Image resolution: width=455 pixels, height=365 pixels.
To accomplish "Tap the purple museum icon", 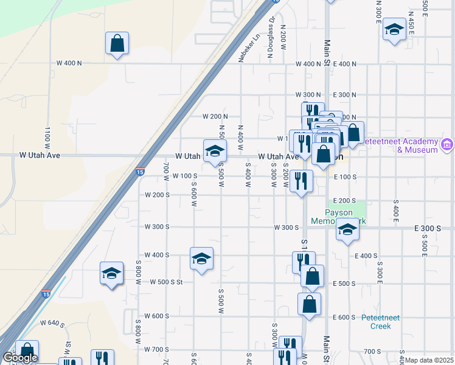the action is [x=448, y=145].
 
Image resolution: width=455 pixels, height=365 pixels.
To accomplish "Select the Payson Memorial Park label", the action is [x=347, y=217].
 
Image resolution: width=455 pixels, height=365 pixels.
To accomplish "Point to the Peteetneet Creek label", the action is [x=381, y=321].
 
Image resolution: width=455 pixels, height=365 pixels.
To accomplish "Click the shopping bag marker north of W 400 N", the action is [x=117, y=44].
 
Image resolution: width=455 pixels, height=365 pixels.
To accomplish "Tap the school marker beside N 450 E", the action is [x=394, y=29].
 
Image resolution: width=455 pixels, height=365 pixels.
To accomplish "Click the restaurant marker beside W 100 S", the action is [x=302, y=181].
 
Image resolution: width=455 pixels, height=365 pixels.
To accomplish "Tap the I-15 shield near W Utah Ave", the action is [x=141, y=170].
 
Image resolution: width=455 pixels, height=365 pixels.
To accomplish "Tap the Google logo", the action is [x=19, y=358].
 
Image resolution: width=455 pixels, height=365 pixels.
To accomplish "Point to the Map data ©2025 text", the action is [x=429, y=360].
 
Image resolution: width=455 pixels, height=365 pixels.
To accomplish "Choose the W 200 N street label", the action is [x=215, y=116].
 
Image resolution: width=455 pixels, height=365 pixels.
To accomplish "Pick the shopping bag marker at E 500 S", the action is [x=312, y=276].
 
